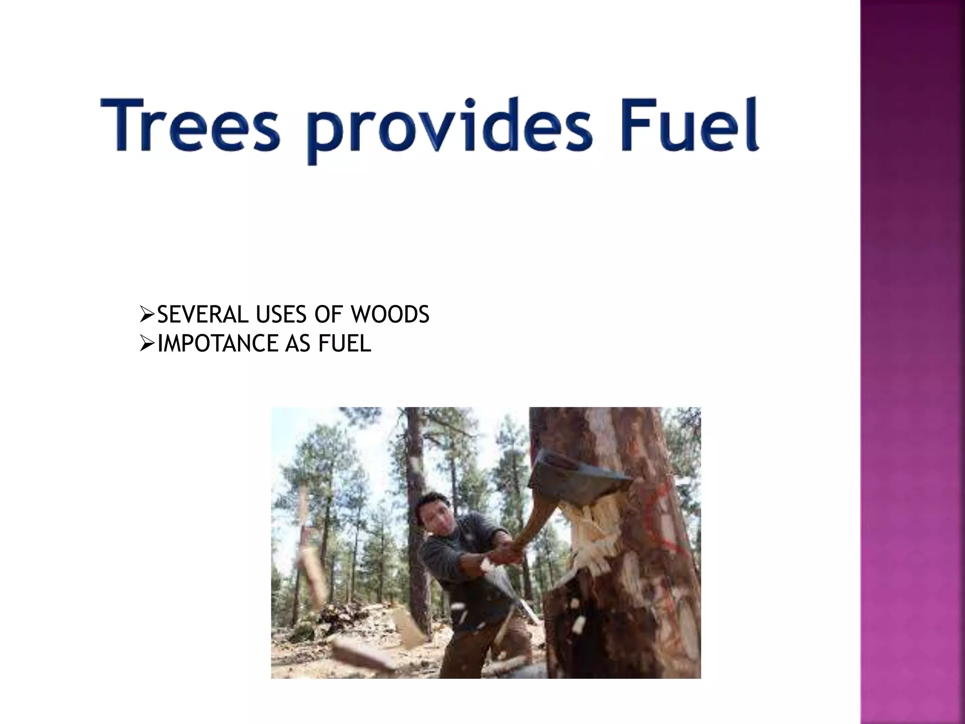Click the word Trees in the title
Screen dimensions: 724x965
[x=189, y=125]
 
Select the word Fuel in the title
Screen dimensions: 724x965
[x=688, y=125]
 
